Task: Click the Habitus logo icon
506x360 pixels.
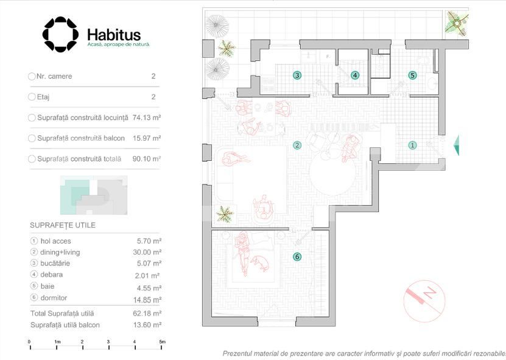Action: coord(60,34)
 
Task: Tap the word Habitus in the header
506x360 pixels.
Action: coord(114,35)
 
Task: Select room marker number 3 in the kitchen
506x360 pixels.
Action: coord(297,76)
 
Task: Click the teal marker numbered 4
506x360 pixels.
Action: coord(355,76)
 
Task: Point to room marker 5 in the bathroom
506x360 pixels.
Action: coord(412,76)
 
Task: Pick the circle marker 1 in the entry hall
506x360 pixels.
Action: coord(412,146)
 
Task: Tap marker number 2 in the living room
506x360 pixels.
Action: coord(297,146)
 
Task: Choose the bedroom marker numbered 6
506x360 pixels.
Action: coord(297,256)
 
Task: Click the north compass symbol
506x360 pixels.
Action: coord(424,301)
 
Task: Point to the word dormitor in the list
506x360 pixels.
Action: coord(54,298)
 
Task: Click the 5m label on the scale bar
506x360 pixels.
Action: coord(163,342)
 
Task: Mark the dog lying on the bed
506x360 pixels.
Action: coord(260,263)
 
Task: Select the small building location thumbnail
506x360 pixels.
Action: coord(94,196)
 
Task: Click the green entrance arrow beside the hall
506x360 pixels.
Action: coord(456,146)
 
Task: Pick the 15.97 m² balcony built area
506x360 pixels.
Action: coord(147,138)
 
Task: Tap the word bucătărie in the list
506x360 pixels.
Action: coord(55,263)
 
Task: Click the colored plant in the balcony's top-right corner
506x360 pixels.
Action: coord(457,23)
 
